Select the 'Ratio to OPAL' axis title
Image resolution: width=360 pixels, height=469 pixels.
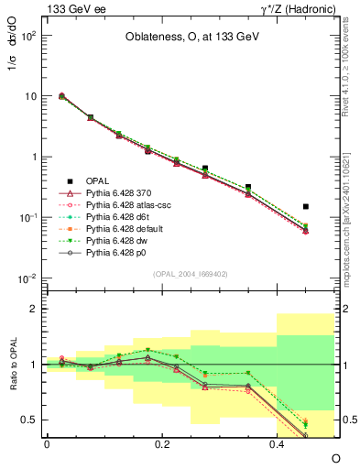(12, 363)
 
